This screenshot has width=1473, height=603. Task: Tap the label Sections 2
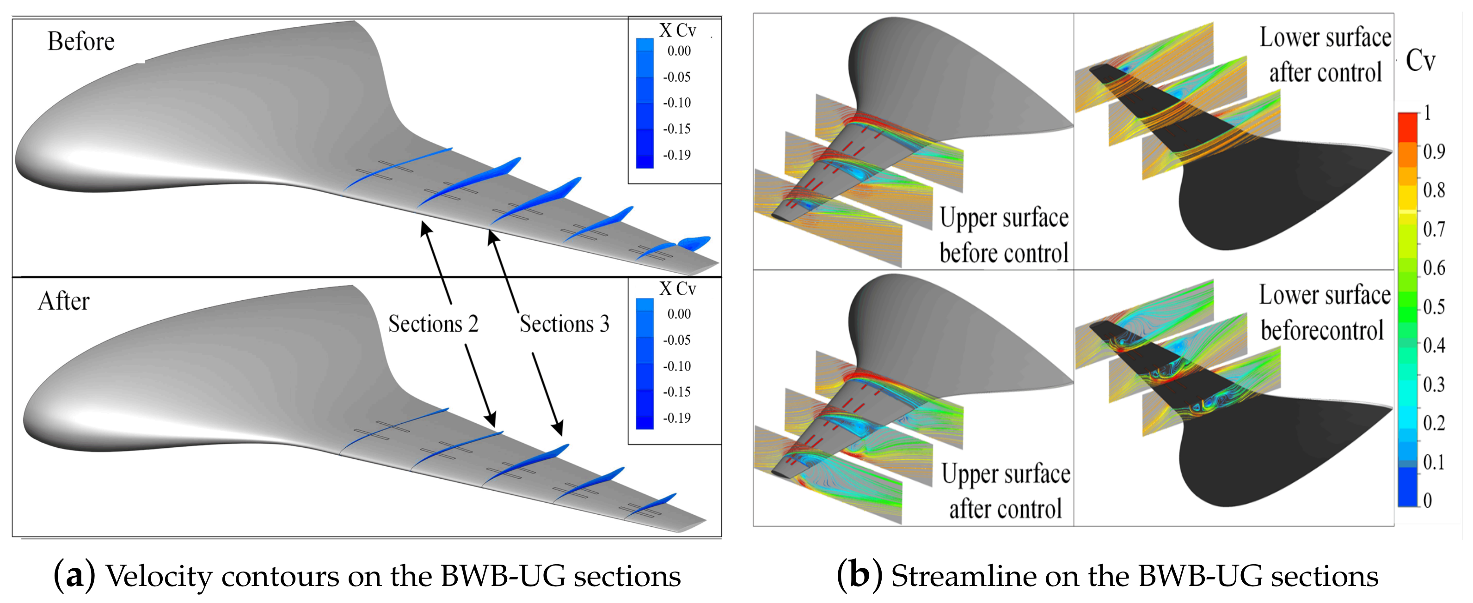[433, 324]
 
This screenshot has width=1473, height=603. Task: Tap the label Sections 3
[564, 324]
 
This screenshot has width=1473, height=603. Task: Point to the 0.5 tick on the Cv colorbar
[1434, 307]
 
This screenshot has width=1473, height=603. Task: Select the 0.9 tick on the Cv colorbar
[1434, 152]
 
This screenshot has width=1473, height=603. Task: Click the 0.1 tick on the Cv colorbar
[1434, 462]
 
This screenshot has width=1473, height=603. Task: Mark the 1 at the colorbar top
[1428, 113]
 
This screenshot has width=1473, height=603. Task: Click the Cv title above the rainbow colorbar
[1421, 61]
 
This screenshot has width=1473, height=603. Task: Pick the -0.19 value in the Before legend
[676, 155]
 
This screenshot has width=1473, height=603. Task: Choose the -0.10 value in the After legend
[676, 366]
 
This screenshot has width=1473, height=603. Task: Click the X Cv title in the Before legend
[678, 30]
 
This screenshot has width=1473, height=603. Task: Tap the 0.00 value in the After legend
[679, 314]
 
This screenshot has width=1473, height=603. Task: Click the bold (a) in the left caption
[74, 576]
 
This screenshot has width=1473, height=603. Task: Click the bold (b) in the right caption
[858, 576]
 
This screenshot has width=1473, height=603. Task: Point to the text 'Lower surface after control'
[1325, 55]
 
